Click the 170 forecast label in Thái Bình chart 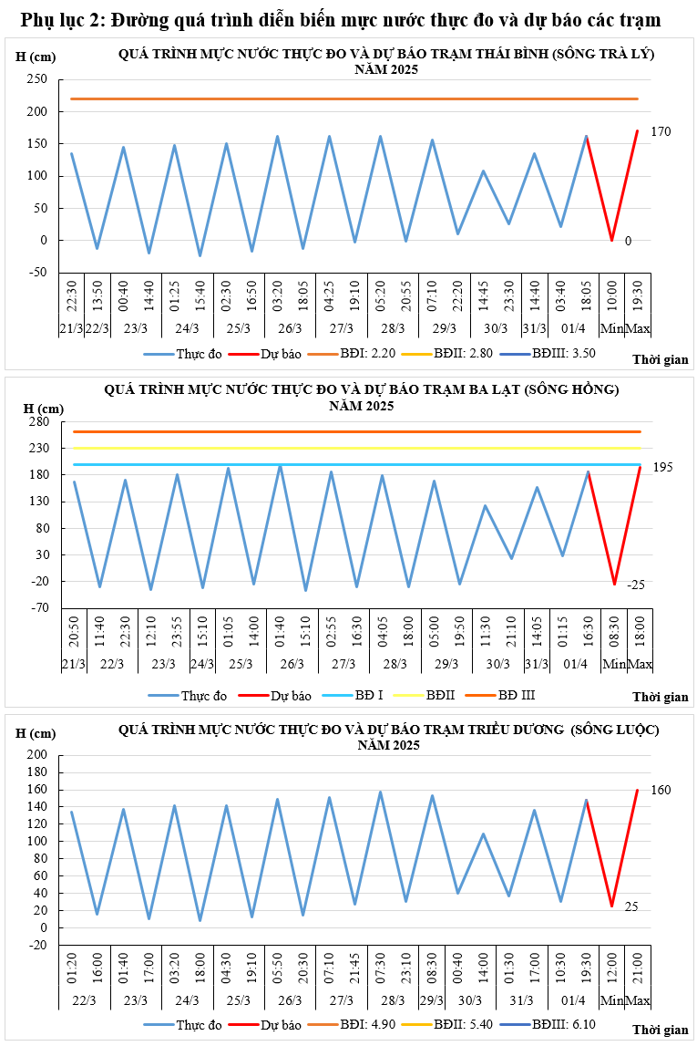click(661, 132)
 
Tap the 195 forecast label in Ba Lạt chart click(662, 467)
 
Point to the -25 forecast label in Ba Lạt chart click(636, 585)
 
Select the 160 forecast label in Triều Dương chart click(661, 790)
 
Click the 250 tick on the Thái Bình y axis click(37, 80)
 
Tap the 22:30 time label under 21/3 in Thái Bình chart click(72, 295)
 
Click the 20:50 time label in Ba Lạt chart click(74, 631)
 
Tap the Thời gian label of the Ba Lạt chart click(660, 698)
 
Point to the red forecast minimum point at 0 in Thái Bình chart click(612, 240)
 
